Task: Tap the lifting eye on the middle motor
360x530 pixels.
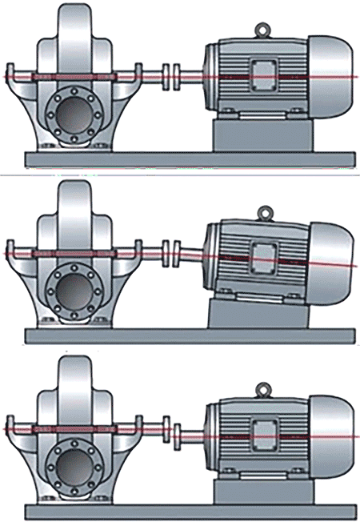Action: pos(263,212)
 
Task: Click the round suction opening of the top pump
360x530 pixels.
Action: pos(74,114)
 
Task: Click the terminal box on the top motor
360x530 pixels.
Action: pos(263,74)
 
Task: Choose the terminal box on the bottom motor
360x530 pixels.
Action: pos(263,432)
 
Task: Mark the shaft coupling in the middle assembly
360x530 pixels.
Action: pos(171,253)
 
